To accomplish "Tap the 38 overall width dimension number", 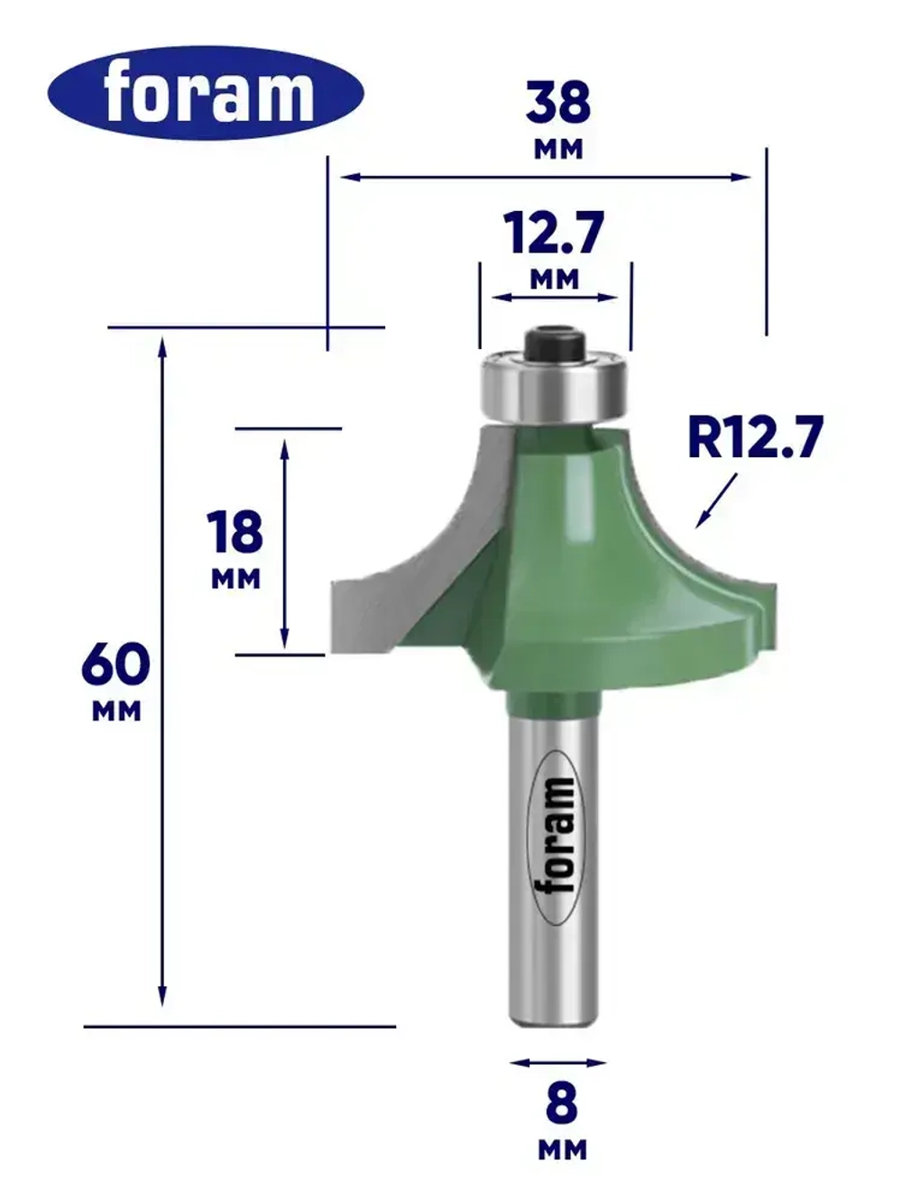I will coord(558,102).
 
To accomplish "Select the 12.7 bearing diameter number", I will coord(554,234).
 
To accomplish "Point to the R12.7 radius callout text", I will coord(755,437).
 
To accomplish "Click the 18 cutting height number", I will coord(235,532).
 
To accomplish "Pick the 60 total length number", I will coord(115,665).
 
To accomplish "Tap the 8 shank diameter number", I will coord(561,1103).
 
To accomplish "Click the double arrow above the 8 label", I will coord(557,1062).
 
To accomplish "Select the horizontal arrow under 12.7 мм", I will coord(555,297).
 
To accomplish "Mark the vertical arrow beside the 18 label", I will coord(285,544).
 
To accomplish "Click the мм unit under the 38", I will coord(558,150).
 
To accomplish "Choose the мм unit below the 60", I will coord(116,711).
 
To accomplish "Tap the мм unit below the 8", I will coord(562,1150).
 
